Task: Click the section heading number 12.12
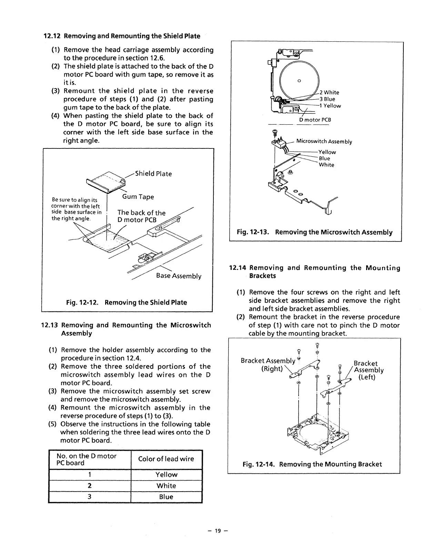tap(53, 36)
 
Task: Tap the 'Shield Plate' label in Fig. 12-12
tap(153, 174)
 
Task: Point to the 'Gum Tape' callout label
tap(138, 197)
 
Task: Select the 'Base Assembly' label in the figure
tap(179, 276)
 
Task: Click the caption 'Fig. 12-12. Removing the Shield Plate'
tap(127, 302)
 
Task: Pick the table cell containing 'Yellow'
tap(166, 474)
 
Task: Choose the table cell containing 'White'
tap(166, 486)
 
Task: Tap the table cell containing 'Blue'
tap(166, 497)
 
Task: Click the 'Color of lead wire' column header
tap(166, 459)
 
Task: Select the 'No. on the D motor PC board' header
tap(87, 459)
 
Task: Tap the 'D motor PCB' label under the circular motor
tap(315, 120)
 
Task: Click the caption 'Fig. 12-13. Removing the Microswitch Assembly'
tap(314, 232)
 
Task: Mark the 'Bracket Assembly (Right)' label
tap(268, 364)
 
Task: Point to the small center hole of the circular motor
tap(299, 81)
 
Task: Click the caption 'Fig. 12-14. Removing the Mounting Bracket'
tap(312, 464)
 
